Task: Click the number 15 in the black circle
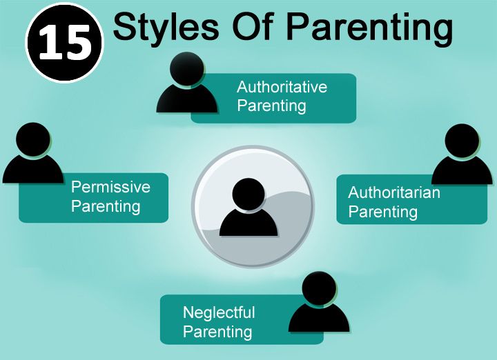(x=66, y=43)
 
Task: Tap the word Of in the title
(x=253, y=27)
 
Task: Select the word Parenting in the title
(x=369, y=29)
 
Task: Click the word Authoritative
(x=282, y=87)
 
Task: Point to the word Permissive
(x=110, y=187)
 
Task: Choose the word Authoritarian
(x=394, y=192)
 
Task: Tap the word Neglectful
(x=219, y=312)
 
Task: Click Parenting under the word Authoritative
(x=272, y=106)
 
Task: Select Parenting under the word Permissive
(x=106, y=206)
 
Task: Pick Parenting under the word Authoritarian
(x=383, y=212)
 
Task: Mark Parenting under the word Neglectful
(x=217, y=332)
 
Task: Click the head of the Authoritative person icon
(x=186, y=69)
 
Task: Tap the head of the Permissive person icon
(x=33, y=139)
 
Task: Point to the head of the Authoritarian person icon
(x=462, y=141)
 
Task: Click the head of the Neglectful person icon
(x=319, y=288)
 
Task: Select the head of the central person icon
(x=248, y=194)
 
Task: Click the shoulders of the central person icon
(x=248, y=223)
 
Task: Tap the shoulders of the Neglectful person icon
(x=319, y=318)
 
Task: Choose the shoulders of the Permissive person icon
(x=33, y=170)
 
